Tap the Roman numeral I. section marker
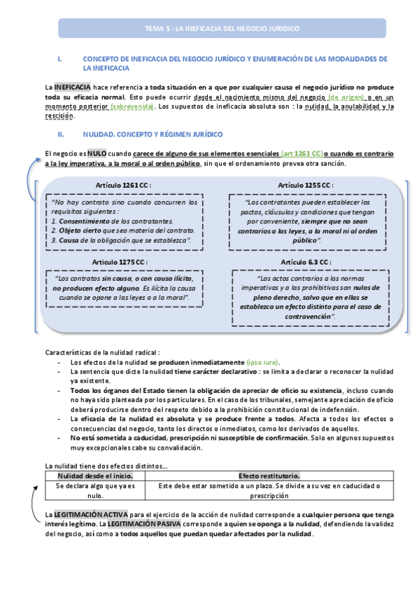coord(60,59)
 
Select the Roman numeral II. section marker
coord(61,132)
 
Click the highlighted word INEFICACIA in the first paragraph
coord(71,87)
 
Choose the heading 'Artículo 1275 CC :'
coord(123,261)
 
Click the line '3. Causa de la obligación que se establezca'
coord(127,240)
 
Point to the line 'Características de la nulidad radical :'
coord(102,352)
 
